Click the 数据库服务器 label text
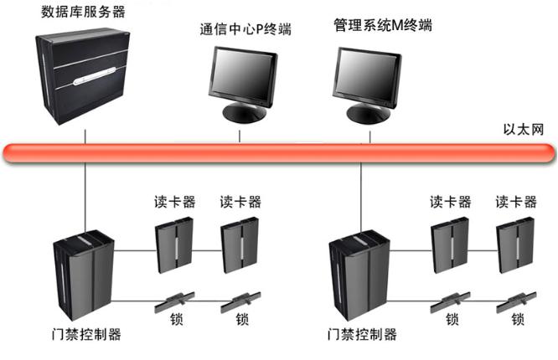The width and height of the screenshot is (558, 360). tap(84, 13)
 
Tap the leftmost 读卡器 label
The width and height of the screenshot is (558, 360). tap(174, 202)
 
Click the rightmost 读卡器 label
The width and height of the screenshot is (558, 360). tap(516, 202)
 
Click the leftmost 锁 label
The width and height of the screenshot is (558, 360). tap(174, 319)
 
